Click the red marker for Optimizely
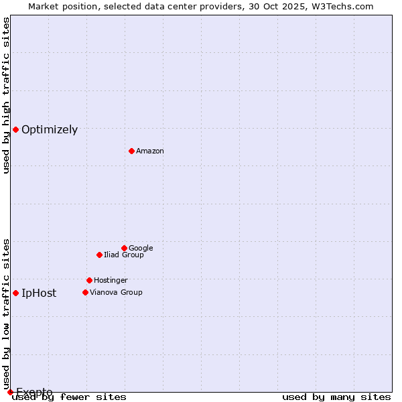coord(15,129)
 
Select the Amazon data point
coord(131,151)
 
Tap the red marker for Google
coord(124,248)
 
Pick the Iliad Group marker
coord(99,255)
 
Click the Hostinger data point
coord(89,280)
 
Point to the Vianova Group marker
coord(85,292)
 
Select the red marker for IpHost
coord(15,293)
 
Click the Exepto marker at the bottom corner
coord(10,392)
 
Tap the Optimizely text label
coord(50,130)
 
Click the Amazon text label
coord(150,151)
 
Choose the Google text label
coord(141,249)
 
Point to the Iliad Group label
coord(124,255)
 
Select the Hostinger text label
coord(111,281)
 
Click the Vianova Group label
coord(116,293)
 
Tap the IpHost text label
coord(39,293)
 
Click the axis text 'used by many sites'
coord(336,397)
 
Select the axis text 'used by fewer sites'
coord(70,397)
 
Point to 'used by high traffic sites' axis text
coord(7,95)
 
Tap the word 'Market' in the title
coord(44,6)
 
